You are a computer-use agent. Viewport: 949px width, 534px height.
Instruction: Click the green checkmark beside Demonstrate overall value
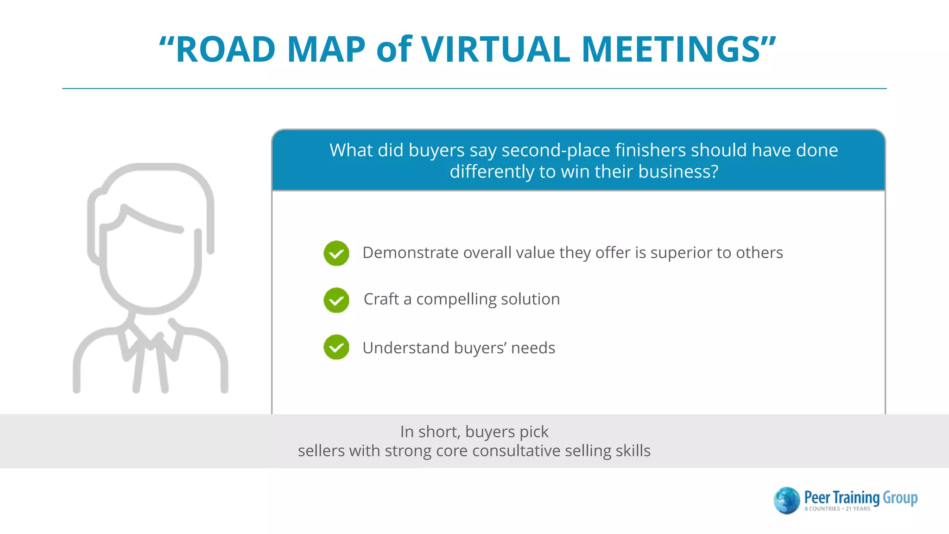coord(336,253)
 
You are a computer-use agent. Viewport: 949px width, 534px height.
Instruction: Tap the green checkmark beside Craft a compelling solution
coord(336,300)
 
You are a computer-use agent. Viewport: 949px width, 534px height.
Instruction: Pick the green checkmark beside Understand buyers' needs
coord(336,347)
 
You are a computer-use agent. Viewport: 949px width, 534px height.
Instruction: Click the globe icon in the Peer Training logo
coord(786,500)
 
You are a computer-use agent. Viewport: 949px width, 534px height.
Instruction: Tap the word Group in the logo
coord(900,498)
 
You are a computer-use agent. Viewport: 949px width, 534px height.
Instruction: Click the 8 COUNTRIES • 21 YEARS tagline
coord(837,509)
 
